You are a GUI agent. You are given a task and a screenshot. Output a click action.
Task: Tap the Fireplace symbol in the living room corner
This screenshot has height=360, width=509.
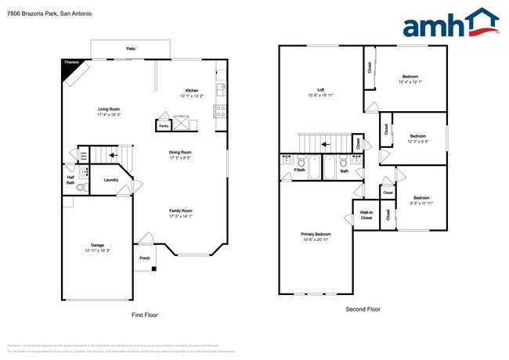[x=73, y=69]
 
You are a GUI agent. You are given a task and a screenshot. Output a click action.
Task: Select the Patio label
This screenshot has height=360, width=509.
[x=131, y=49]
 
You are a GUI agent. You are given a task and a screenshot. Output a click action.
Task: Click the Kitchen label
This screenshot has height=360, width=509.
[x=193, y=90]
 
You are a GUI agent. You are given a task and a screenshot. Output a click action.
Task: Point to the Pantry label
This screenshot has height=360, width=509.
[x=164, y=125]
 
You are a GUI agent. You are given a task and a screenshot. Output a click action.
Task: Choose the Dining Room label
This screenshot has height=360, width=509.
[x=181, y=153]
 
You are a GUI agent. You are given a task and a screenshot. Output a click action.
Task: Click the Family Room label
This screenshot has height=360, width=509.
[x=181, y=211]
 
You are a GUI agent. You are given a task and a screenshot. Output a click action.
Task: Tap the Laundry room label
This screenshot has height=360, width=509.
[x=110, y=180]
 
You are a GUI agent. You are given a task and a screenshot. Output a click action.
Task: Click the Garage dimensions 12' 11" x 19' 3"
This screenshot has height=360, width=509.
[x=97, y=250]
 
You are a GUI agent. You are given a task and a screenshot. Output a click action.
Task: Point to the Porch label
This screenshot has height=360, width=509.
[x=144, y=257]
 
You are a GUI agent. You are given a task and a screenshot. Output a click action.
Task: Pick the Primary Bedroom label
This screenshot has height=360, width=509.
[x=316, y=233]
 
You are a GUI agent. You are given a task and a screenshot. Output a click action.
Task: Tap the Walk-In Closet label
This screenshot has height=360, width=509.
[x=366, y=215]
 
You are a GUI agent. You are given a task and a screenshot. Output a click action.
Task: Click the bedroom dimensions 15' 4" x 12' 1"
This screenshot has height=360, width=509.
[x=410, y=81]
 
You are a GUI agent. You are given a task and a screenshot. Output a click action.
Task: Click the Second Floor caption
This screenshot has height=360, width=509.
[x=363, y=309]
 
